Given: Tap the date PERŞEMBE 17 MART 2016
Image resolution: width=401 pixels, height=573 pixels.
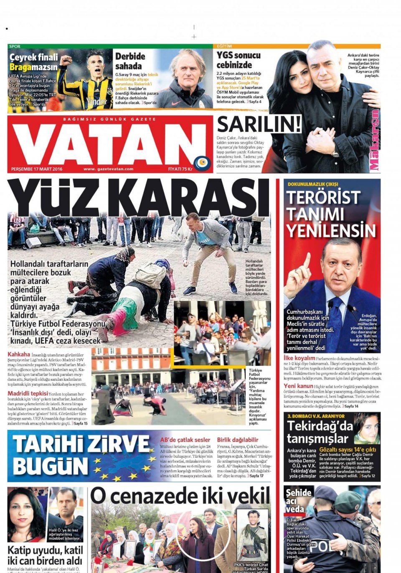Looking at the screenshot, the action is [x=37, y=169].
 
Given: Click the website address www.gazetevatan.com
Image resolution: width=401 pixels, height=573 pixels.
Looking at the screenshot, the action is [x=108, y=169].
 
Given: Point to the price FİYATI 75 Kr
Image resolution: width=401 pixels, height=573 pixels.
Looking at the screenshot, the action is [x=180, y=169].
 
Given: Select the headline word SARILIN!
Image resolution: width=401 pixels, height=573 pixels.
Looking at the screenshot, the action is [x=259, y=124].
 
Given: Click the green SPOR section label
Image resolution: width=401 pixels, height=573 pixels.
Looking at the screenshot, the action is [x=15, y=46].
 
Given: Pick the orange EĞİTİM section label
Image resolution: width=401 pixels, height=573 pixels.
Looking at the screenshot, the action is [x=224, y=46].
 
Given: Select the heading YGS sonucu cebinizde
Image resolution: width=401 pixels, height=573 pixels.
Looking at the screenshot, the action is [x=238, y=60].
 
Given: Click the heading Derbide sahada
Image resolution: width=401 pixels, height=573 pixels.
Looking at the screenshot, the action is [x=130, y=61].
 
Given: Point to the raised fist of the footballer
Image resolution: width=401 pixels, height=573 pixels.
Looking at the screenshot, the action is [x=66, y=60].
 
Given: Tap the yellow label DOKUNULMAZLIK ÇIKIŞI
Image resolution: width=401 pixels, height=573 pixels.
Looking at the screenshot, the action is [x=313, y=184].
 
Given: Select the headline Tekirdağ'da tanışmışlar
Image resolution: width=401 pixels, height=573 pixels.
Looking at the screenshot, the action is [x=320, y=432].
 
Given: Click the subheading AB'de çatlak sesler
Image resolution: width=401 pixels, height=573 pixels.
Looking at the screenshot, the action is [x=185, y=440].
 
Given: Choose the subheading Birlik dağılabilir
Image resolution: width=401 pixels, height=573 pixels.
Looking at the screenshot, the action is [x=237, y=440].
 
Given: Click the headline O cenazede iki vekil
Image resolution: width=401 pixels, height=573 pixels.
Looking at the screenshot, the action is [x=180, y=496].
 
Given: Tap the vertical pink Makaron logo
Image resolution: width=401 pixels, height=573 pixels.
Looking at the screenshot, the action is [x=375, y=140].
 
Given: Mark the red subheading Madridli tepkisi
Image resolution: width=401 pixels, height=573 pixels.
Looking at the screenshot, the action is [x=28, y=394].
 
